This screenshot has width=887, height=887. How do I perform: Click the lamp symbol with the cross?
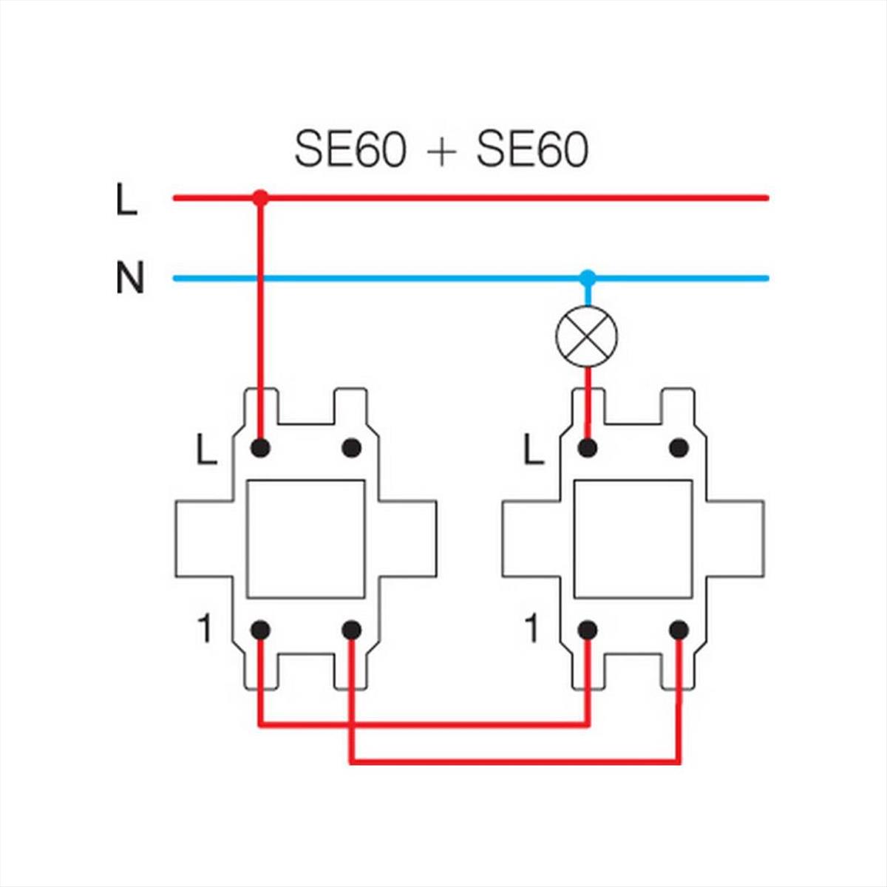point(587,336)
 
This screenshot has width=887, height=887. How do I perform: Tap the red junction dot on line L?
point(260,198)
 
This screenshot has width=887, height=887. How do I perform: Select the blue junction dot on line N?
point(588,278)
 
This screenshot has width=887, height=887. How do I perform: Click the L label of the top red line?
point(126,200)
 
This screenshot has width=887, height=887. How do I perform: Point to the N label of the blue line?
point(130,278)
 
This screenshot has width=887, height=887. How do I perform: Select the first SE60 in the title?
point(350,150)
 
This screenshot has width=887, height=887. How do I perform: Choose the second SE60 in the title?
point(532,150)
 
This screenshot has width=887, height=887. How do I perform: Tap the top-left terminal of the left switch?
point(260,448)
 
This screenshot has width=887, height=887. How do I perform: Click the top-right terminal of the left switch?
point(352,448)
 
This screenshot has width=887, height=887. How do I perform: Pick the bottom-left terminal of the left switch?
point(260,631)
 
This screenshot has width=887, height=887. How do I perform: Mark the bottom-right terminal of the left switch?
point(352,631)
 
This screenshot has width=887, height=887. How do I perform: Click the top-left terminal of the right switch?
point(588,448)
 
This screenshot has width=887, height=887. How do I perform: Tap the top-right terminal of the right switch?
point(679,448)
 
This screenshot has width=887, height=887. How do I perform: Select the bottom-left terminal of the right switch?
point(588,631)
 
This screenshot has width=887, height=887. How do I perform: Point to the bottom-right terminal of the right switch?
point(679,631)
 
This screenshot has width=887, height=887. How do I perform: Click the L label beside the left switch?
point(206,449)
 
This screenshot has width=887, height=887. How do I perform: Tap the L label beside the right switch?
point(534,449)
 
